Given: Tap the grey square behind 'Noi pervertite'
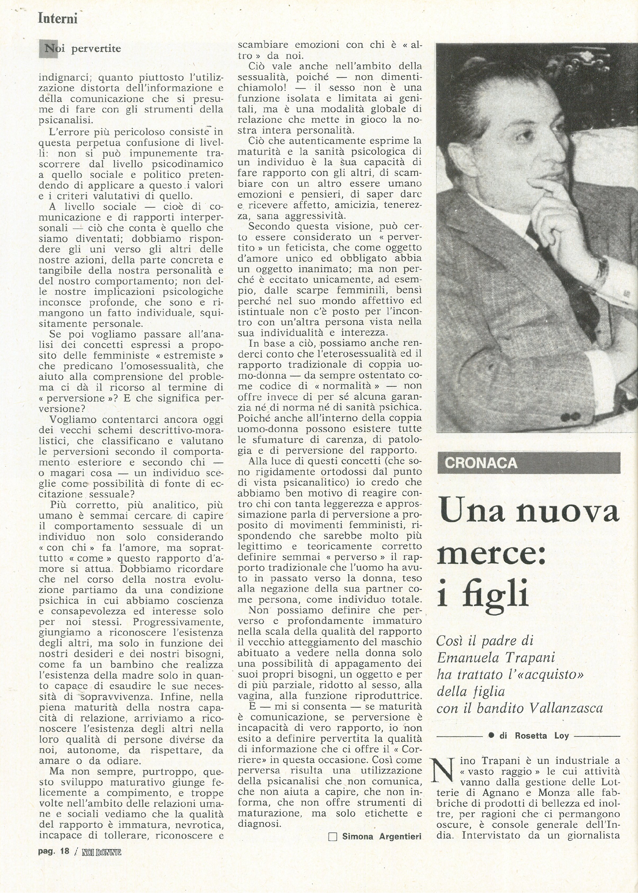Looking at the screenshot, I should pyautogui.click(x=48, y=49).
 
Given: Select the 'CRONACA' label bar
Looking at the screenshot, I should pyautogui.click(x=528, y=463).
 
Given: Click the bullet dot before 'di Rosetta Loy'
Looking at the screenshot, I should pyautogui.click(x=491, y=736).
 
